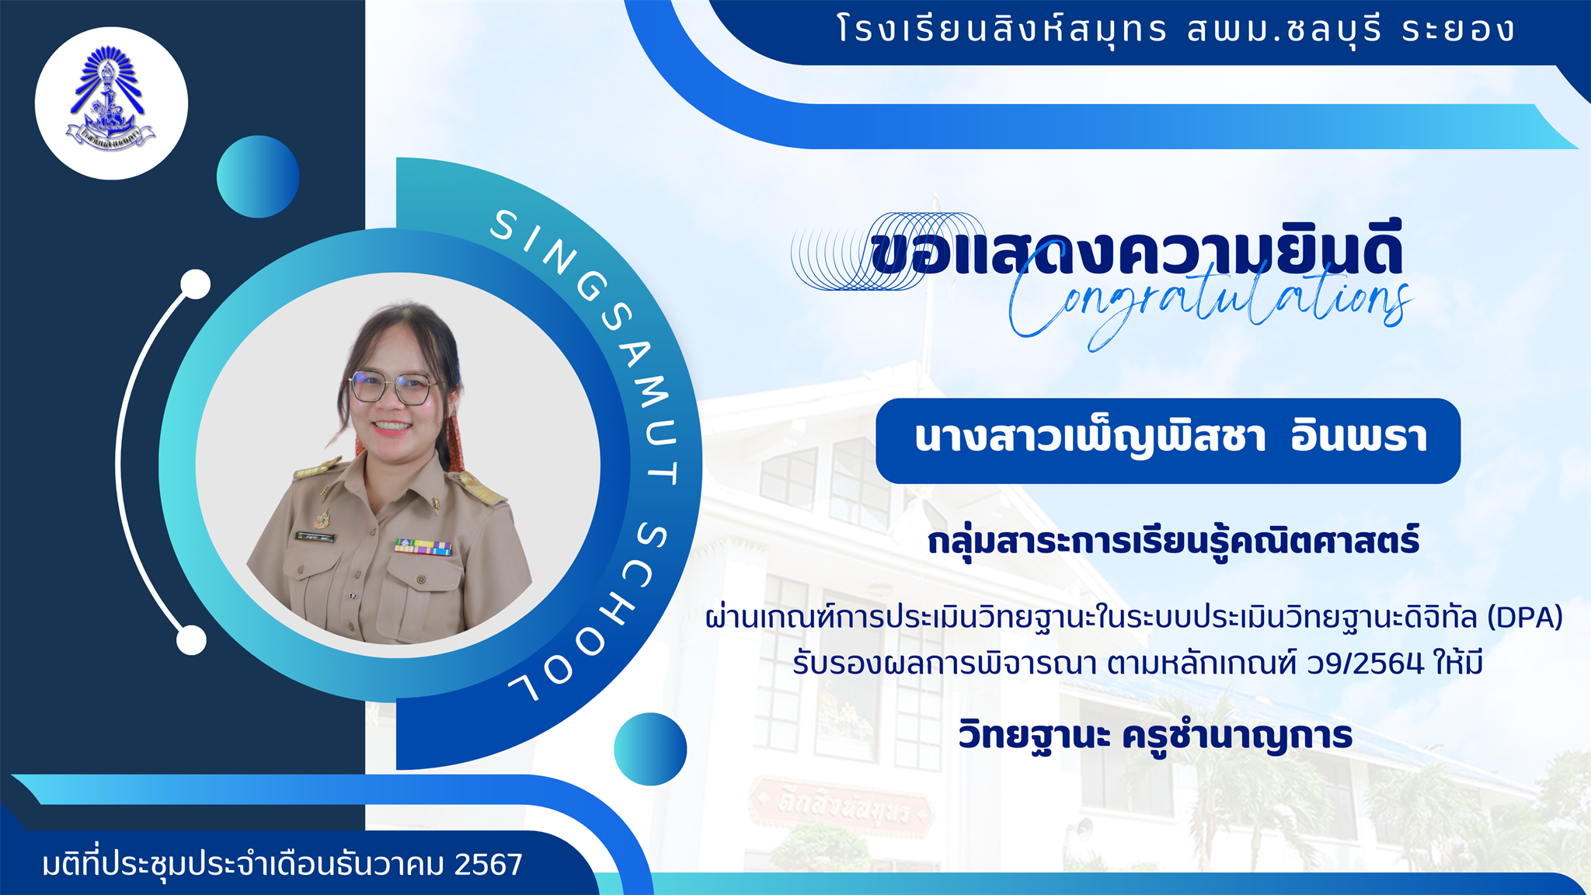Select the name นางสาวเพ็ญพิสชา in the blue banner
pos(1090,437)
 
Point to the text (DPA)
pos(1525,618)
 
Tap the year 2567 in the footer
pos(489,864)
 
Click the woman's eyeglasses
pos(392,387)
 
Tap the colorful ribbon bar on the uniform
pos(423,546)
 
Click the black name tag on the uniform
pos(315,537)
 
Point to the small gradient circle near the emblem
pos(258,176)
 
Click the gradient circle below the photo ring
pos(650,749)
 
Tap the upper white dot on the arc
pos(196,284)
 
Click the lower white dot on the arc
pos(191,641)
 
